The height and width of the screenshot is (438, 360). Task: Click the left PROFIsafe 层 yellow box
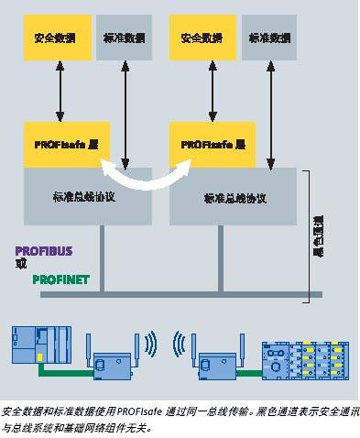pos(61,144)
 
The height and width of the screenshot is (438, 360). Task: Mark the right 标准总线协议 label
pos(235,196)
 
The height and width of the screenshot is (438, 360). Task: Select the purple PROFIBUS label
pos(42,249)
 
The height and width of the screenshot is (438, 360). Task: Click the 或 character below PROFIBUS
pos(22,264)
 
